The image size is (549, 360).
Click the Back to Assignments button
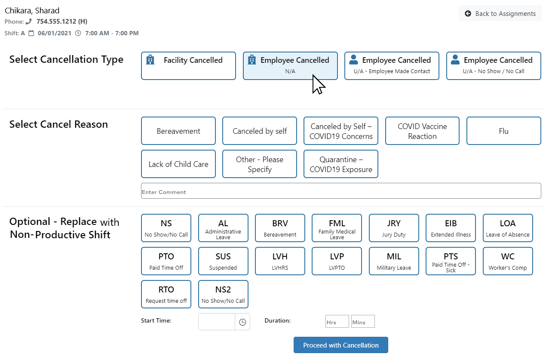[500, 14]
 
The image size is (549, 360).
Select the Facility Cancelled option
[188, 66]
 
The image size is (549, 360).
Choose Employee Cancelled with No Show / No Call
[493, 66]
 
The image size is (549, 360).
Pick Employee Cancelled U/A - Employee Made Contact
[392, 66]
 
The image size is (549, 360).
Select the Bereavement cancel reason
[178, 131]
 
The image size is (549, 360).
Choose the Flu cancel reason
[503, 131]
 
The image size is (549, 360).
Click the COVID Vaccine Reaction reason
[422, 131]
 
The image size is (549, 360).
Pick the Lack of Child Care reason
[178, 164]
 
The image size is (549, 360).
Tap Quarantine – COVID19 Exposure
[341, 164]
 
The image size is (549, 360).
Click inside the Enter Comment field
[340, 191]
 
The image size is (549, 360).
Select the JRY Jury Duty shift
[394, 228]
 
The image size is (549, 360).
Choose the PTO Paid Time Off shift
[166, 261]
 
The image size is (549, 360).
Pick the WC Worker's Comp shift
[508, 261]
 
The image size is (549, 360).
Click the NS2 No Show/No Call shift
[223, 294]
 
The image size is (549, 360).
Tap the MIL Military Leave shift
[394, 261]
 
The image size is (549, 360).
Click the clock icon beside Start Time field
[242, 322]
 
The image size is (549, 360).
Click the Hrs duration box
[337, 322]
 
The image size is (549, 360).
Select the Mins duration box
[363, 322]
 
